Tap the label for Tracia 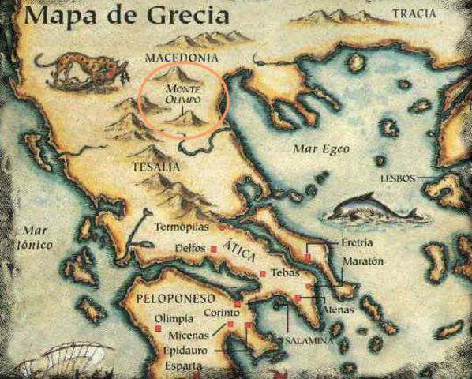tap(415, 13)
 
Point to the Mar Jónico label tap(36, 237)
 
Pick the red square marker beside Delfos tap(213, 249)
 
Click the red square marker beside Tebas tap(262, 274)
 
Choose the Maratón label tap(362, 261)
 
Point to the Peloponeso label tap(160, 302)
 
